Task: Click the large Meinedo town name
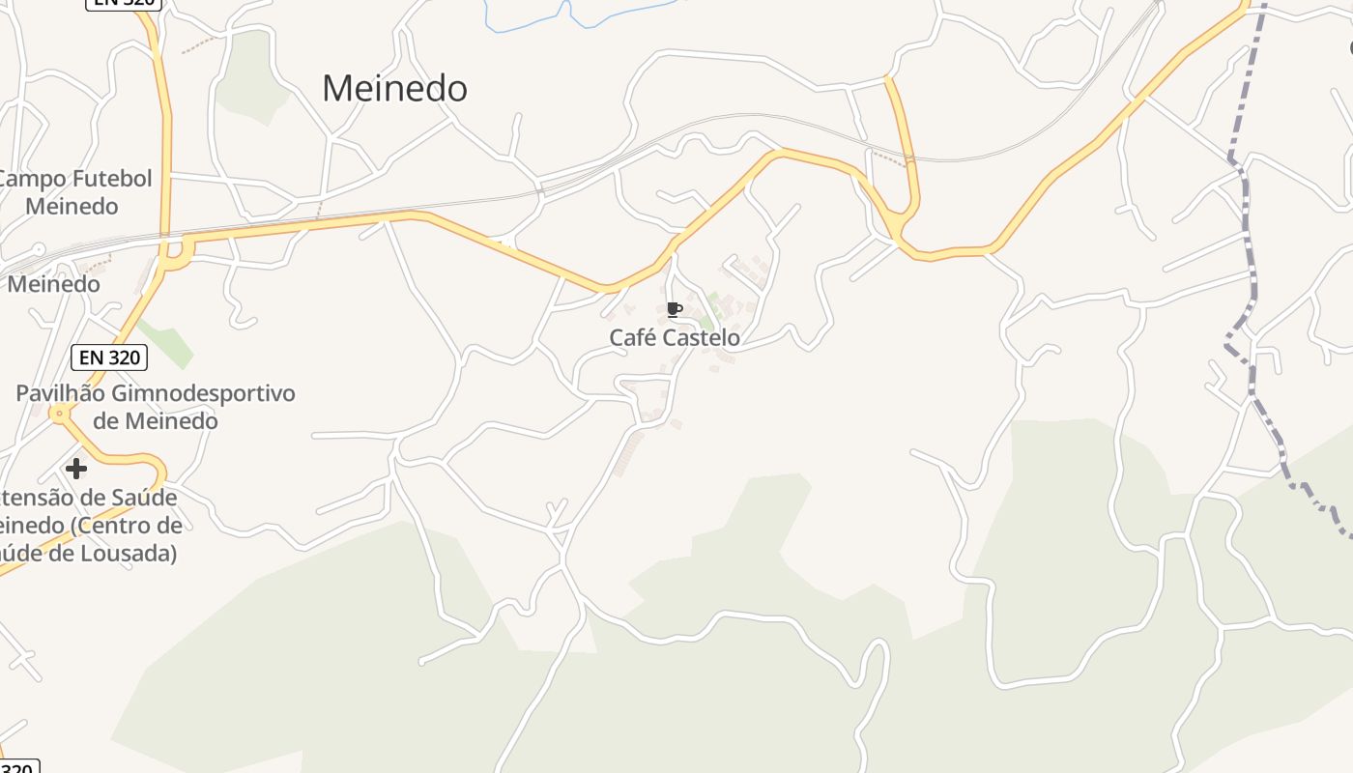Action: pyautogui.click(x=394, y=89)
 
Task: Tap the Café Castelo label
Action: pyautogui.click(x=675, y=337)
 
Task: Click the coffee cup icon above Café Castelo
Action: pyautogui.click(x=675, y=309)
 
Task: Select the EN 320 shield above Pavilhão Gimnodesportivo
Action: pyautogui.click(x=109, y=358)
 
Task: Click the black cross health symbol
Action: pyautogui.click(x=75, y=469)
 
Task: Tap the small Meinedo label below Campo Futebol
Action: pyautogui.click(x=54, y=284)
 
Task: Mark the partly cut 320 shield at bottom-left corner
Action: pyautogui.click(x=17, y=767)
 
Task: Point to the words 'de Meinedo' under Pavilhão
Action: pyautogui.click(x=155, y=421)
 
